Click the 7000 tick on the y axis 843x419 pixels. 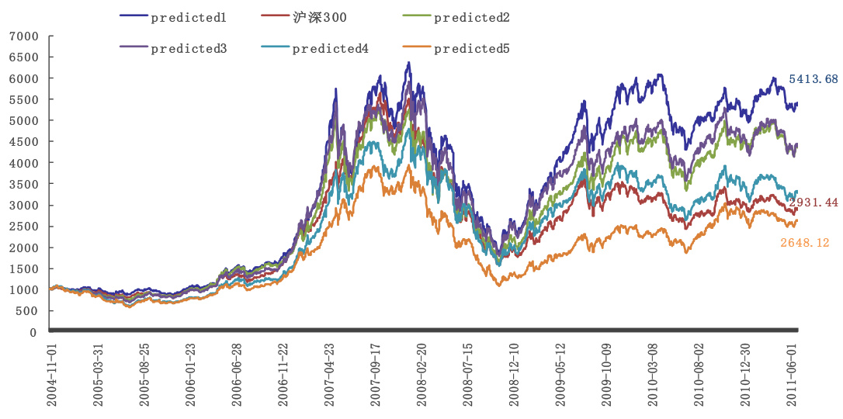pos(23,36)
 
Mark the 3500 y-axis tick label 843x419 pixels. pos(23,185)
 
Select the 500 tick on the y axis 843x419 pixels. pos(27,311)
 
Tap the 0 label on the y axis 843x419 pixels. pos(33,332)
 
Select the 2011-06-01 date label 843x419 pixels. pos(793,374)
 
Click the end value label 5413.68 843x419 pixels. pos(814,79)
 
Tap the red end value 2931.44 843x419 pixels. pos(814,203)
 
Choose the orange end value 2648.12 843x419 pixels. pos(805,243)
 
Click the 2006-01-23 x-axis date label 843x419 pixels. pos(192,374)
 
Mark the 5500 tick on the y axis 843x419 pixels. pos(23,100)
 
